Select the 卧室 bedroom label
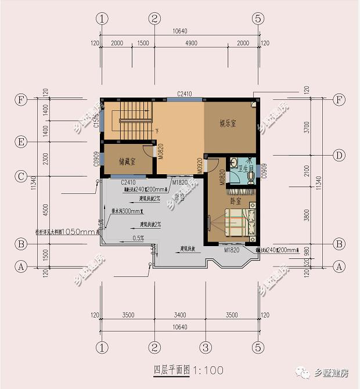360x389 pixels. click(x=236, y=201)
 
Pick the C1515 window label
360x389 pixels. click(x=96, y=122)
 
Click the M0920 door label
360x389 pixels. click(x=199, y=164)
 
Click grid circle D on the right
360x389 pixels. click(x=340, y=155)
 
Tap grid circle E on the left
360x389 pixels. click(x=21, y=142)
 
